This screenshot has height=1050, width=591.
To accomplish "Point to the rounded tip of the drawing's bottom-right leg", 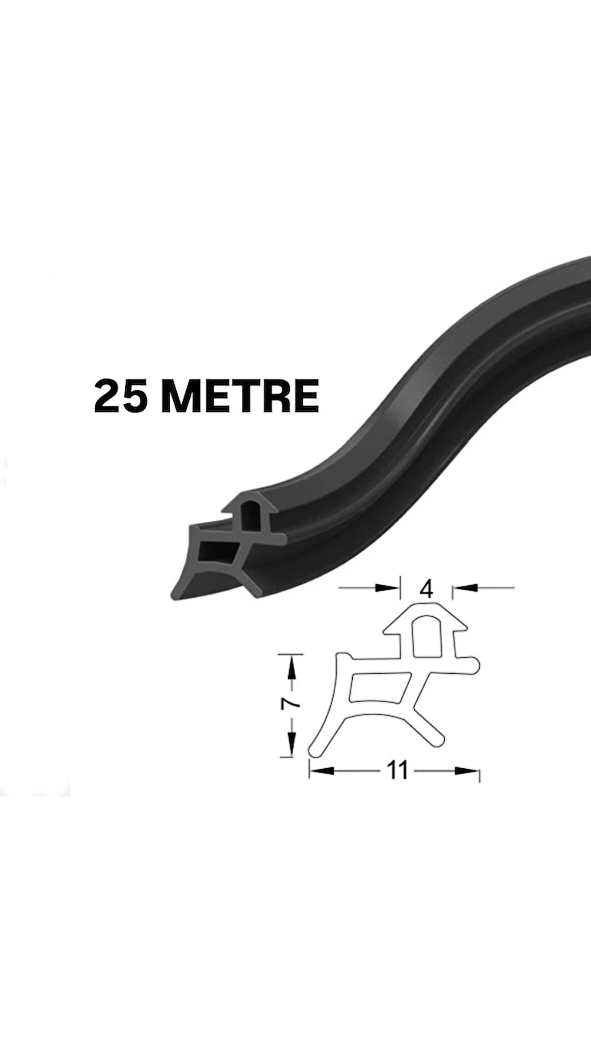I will point(438,740).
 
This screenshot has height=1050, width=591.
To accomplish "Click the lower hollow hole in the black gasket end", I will point(216,551).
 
